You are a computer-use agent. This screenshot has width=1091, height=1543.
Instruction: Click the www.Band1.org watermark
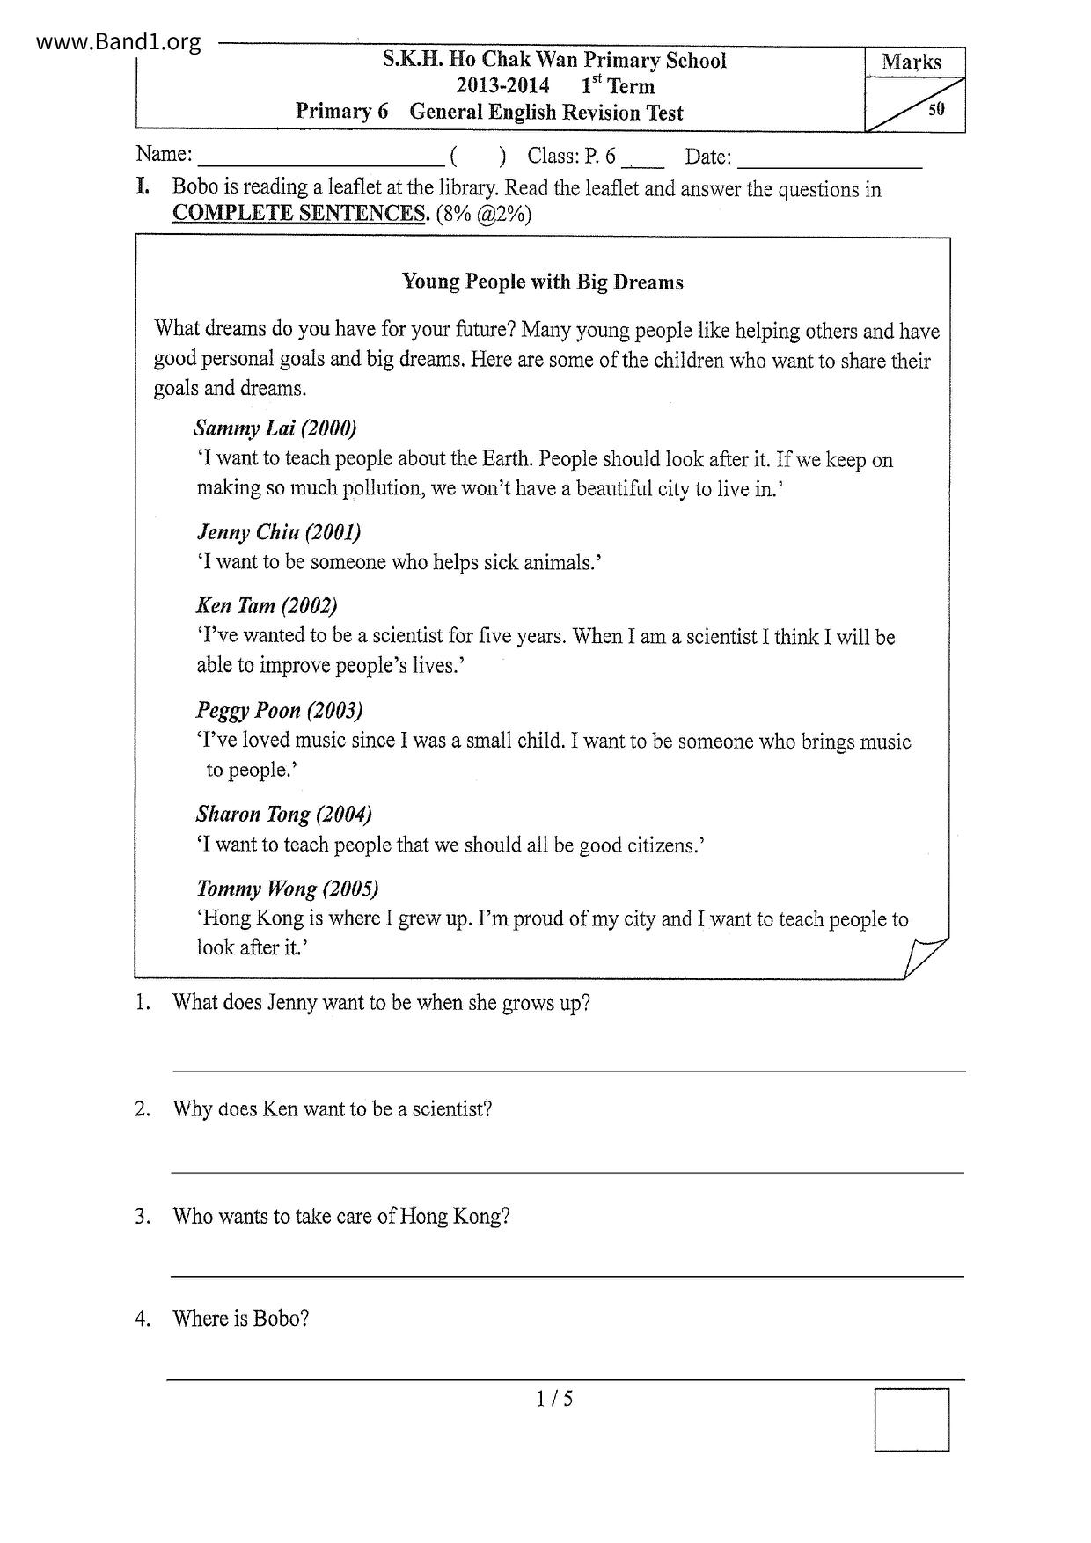[x=119, y=41]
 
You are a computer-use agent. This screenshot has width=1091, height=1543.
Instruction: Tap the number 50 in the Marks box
[x=936, y=110]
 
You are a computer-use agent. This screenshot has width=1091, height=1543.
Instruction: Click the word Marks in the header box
[x=911, y=62]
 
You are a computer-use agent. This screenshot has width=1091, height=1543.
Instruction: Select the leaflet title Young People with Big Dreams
[x=542, y=282]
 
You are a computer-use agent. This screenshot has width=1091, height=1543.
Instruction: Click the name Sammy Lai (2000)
[x=275, y=428]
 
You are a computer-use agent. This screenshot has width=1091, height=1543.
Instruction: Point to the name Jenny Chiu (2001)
[x=278, y=532]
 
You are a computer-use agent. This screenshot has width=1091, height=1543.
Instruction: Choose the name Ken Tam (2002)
[x=267, y=605]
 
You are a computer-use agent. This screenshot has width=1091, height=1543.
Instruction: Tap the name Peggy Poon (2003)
[x=279, y=710]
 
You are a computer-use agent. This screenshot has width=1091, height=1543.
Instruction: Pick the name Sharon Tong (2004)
[x=283, y=814]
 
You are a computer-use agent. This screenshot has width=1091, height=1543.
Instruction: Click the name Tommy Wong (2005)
[x=287, y=889]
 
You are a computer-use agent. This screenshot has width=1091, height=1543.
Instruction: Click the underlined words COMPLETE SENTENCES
[x=300, y=214]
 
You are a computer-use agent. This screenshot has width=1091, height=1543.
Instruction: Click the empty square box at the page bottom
[x=912, y=1419]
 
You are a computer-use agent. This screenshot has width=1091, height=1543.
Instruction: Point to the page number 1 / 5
[x=554, y=1399]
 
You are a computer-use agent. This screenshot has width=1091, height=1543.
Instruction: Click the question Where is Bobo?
[x=240, y=1319]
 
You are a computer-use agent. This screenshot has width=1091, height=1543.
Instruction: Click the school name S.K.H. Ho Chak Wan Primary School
[x=554, y=61]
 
